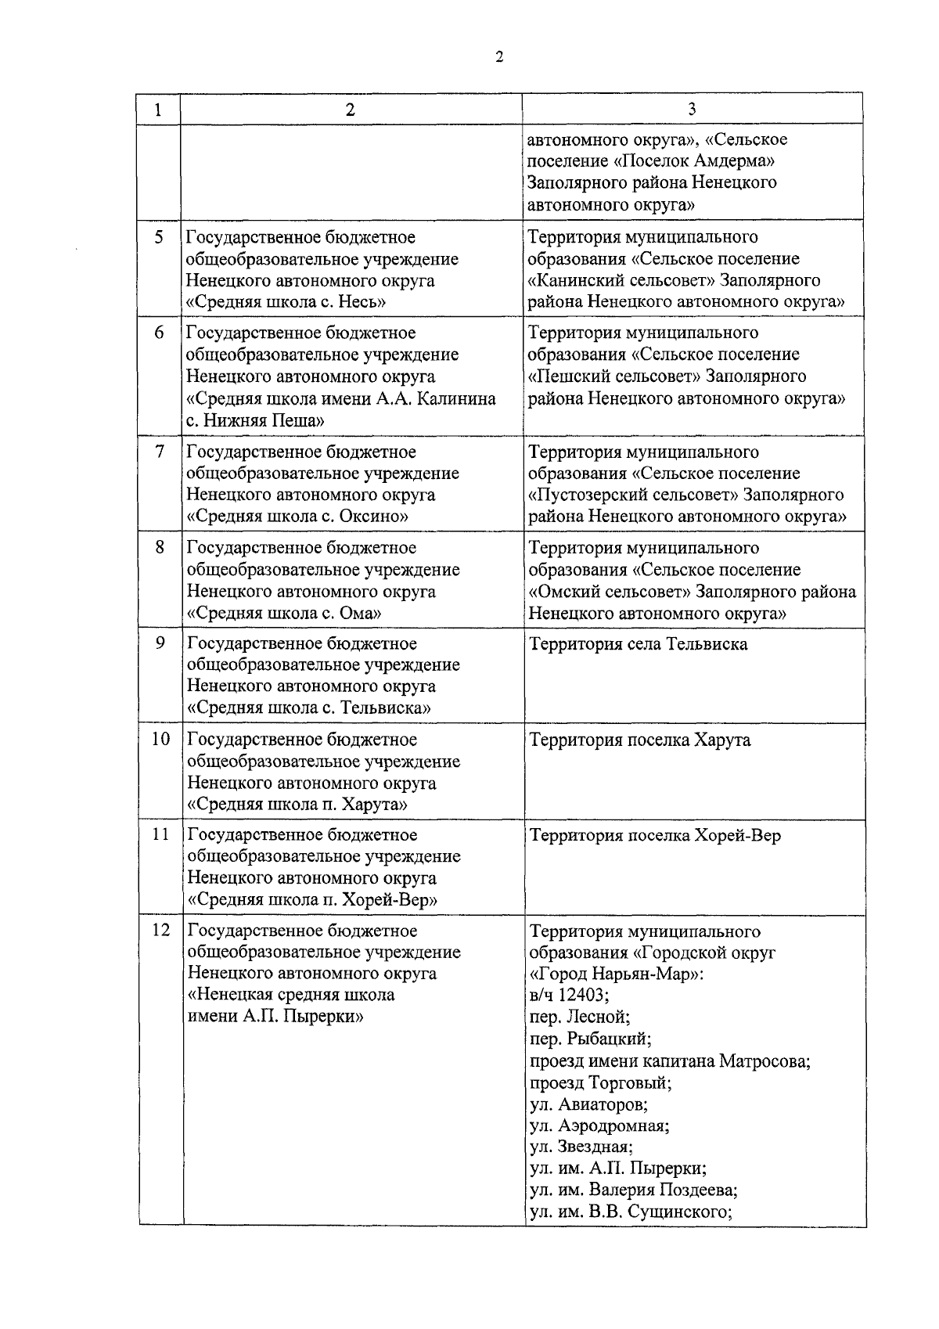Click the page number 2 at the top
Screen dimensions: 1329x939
tap(499, 57)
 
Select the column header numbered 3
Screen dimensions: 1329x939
tap(692, 110)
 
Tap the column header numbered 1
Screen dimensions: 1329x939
tap(159, 110)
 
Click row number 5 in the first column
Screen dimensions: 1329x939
tap(159, 237)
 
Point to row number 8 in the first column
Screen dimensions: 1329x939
tap(159, 548)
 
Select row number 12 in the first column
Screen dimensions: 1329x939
tap(160, 931)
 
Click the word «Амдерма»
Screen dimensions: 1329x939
tap(730, 161)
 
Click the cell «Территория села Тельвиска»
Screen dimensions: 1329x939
tap(639, 644)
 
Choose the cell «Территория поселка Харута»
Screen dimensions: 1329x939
tap(640, 740)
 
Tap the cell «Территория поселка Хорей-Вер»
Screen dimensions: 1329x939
tap(656, 835)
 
